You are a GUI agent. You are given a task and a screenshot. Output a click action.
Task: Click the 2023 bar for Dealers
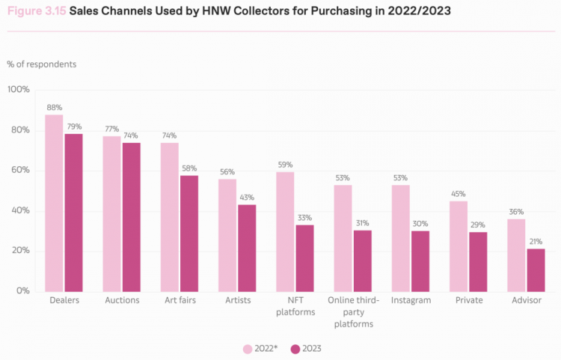point(74,213)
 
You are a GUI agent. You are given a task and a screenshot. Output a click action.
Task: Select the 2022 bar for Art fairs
point(170,217)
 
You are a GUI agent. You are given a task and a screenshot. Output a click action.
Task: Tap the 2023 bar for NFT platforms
point(305,258)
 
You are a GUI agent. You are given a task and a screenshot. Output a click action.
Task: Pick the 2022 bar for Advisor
point(516,255)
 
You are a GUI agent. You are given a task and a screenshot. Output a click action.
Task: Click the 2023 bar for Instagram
point(420,261)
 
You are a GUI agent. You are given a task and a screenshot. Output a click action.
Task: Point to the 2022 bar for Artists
point(227,236)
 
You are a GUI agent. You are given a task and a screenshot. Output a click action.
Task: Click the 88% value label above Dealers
point(55,107)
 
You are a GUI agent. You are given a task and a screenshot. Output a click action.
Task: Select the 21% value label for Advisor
point(536,242)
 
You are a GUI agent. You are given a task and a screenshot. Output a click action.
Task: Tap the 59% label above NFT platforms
point(285,165)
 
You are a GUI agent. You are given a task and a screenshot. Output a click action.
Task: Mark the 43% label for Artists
point(247,198)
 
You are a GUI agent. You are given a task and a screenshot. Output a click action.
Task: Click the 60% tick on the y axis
point(20,170)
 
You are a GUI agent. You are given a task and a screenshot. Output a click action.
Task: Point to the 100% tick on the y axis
point(18,90)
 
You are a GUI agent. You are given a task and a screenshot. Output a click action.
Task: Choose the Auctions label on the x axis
point(122,300)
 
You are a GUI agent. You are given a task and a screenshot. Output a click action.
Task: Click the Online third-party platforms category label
point(354,312)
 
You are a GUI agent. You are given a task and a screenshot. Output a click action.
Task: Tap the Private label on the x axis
point(469,300)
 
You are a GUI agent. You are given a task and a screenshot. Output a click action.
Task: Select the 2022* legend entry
point(260,349)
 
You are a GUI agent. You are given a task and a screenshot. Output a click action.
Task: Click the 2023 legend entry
point(306,349)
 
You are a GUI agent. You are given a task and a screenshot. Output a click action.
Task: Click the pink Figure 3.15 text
point(37,11)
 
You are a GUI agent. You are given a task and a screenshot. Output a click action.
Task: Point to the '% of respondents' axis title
point(41,64)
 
